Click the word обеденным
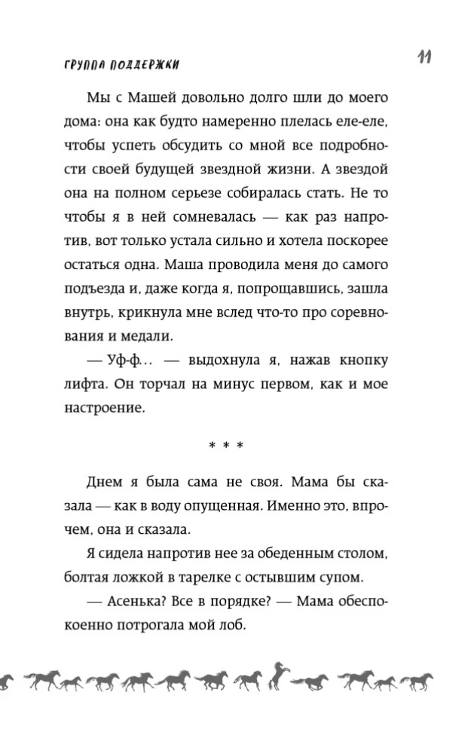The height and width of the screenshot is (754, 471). point(296,556)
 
